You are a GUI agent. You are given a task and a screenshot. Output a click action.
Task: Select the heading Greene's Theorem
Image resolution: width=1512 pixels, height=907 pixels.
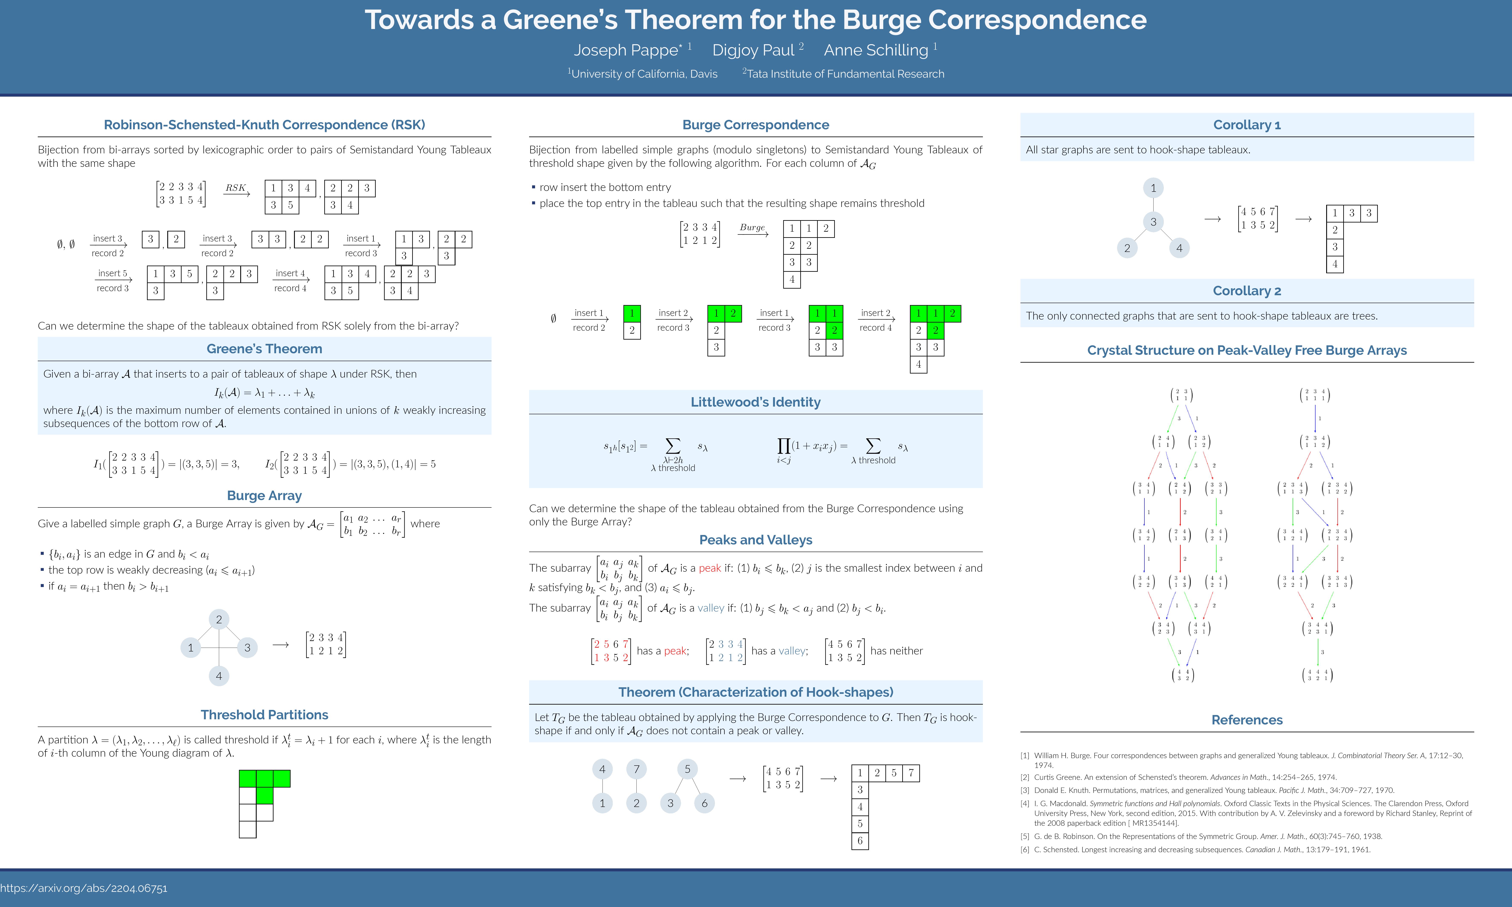(264, 349)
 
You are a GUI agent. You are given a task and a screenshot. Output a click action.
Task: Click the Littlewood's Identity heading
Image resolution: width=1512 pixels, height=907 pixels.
(755, 402)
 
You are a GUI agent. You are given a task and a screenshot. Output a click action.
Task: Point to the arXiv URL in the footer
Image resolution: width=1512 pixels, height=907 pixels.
(84, 888)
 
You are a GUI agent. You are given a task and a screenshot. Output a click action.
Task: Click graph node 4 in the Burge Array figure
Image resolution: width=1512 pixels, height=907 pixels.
(219, 676)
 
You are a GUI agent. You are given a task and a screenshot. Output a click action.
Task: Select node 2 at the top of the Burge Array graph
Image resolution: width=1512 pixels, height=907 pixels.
(219, 619)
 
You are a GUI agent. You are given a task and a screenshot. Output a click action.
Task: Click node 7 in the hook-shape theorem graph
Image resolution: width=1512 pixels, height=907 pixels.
(636, 769)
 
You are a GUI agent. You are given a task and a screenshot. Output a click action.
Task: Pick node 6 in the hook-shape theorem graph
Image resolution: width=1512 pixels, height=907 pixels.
(704, 803)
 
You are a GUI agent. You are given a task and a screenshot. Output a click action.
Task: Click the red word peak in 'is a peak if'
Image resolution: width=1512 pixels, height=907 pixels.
(710, 568)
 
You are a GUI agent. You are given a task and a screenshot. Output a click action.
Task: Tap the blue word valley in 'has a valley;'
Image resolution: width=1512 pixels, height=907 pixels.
(792, 651)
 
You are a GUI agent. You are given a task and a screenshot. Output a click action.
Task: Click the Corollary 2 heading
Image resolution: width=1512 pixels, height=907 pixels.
(1247, 291)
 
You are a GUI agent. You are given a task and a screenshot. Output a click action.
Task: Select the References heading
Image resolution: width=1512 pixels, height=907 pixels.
(1247, 720)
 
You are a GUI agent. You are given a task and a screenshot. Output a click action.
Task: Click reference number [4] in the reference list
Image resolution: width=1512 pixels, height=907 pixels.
(1025, 804)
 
